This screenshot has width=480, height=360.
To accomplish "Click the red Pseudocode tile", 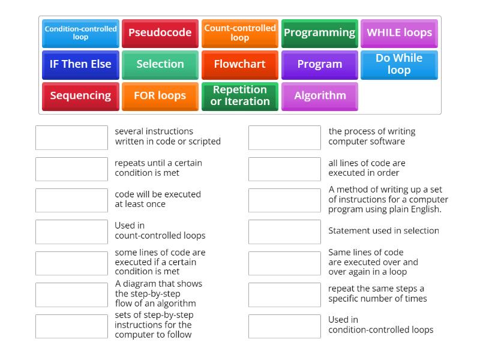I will [160, 33].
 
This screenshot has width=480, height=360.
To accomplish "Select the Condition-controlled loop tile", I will [80, 33].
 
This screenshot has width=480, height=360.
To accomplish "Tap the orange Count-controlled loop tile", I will [239, 33].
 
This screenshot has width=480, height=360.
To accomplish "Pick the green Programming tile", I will [319, 33].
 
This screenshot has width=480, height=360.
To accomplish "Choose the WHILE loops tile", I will [399, 33].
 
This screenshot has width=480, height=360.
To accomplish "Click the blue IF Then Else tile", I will [80, 64].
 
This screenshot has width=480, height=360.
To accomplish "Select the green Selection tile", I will [160, 64].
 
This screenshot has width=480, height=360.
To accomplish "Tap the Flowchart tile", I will [239, 64].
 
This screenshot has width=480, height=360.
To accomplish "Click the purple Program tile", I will [319, 64].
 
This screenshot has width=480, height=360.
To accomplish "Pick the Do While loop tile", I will [399, 64].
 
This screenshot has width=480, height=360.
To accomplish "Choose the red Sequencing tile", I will [80, 96].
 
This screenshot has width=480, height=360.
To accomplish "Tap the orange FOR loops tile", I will [160, 96].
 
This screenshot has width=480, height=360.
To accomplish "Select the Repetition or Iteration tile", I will [239, 96].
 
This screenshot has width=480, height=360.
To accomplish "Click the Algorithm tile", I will [319, 96].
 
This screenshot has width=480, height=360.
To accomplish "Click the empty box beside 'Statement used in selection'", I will [284, 232].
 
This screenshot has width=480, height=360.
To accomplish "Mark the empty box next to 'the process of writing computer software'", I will [284, 137].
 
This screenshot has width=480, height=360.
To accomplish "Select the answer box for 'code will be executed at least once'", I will [71, 200].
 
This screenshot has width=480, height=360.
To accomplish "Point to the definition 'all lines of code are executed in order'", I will [367, 168].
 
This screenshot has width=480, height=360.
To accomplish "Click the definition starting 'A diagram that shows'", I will [158, 293].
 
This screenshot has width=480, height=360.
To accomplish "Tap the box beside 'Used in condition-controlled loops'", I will [284, 326].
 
